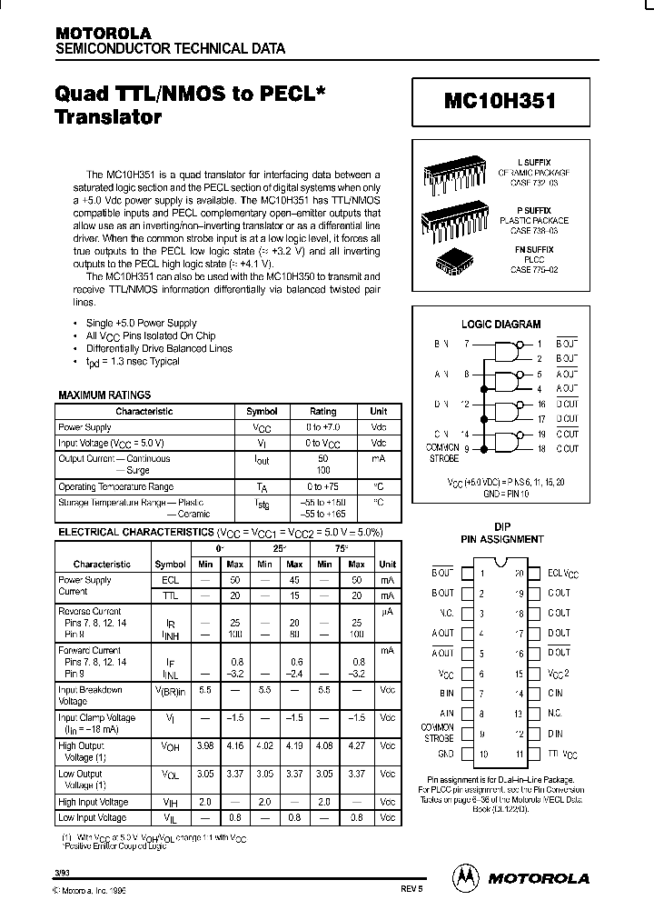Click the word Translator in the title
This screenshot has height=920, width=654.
tap(109, 117)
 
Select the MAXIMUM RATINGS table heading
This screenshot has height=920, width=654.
tap(104, 395)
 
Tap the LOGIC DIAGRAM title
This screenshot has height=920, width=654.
tap(501, 324)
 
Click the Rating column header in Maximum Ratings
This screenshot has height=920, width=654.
tap(322, 412)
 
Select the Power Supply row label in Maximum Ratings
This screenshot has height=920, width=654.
tap(85, 427)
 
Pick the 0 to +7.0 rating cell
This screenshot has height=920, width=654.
tap(322, 427)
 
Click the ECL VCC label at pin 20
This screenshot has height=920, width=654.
tap(563, 574)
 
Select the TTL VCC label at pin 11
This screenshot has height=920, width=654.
tap(562, 755)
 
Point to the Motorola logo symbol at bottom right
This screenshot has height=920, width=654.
tap(465, 877)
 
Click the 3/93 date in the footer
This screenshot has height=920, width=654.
tap(61, 874)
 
